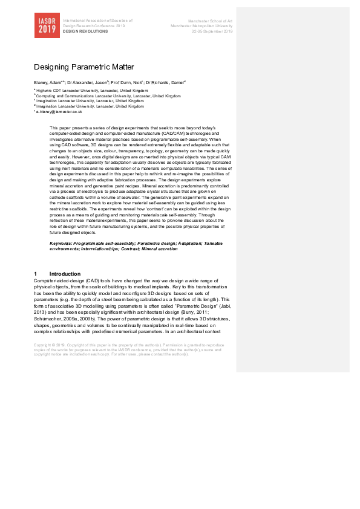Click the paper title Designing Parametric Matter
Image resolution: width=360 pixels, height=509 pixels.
[83, 67]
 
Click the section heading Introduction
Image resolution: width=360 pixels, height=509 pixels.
[64, 274]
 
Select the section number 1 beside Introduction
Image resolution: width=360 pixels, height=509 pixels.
[36, 274]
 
